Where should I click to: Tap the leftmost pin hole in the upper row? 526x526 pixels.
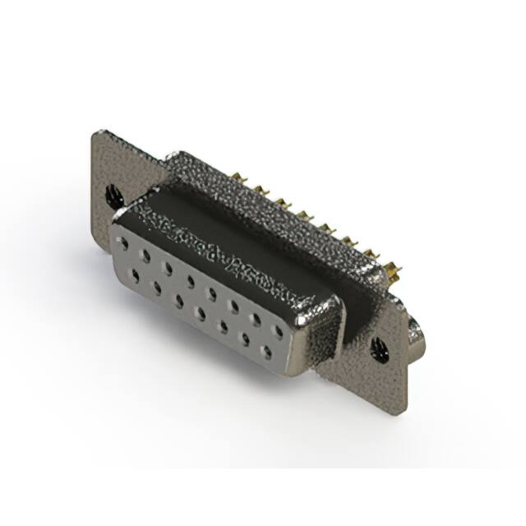122,243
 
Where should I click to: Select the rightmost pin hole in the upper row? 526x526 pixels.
279,331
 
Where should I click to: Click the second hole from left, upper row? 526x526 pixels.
145,256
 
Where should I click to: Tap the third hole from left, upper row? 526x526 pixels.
168,268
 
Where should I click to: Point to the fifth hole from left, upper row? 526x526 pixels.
212,293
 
